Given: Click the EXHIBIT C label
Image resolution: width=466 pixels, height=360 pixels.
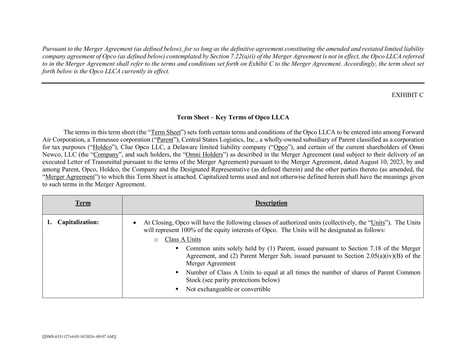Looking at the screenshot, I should tap(407, 95).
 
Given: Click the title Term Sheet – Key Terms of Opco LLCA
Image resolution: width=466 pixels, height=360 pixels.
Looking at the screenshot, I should tap(233, 117).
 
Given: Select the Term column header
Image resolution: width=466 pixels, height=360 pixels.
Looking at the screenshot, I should tap(83, 203).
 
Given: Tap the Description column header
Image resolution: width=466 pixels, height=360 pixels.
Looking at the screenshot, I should tap(271, 203).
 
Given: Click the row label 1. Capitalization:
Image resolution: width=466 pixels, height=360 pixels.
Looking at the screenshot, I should tap(73, 222).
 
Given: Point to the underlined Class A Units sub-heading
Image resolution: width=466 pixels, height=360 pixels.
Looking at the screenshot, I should tap(183, 239).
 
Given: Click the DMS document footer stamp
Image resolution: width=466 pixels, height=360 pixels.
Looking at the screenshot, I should tap(79, 336).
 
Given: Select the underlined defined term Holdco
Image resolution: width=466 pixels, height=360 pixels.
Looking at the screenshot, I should tap(102, 147).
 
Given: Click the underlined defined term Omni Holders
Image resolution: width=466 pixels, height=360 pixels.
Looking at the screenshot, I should tap(204, 155).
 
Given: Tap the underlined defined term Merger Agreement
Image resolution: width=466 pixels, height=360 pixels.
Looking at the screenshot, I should tap(70, 177).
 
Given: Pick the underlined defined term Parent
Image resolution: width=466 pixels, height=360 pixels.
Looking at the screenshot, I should tap(165, 140).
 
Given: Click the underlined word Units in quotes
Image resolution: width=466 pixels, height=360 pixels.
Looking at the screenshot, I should tap(378, 222).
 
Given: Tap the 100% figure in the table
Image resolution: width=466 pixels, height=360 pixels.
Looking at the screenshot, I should tap(178, 230).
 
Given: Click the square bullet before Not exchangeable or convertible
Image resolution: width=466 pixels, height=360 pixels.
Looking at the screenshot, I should tap(177, 289).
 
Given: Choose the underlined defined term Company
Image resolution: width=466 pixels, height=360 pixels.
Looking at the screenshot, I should tap(106, 155).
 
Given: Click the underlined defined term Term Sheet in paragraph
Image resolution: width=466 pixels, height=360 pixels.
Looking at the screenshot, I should tap(166, 132).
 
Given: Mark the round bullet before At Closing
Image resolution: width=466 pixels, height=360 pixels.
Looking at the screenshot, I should tap(135, 223).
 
